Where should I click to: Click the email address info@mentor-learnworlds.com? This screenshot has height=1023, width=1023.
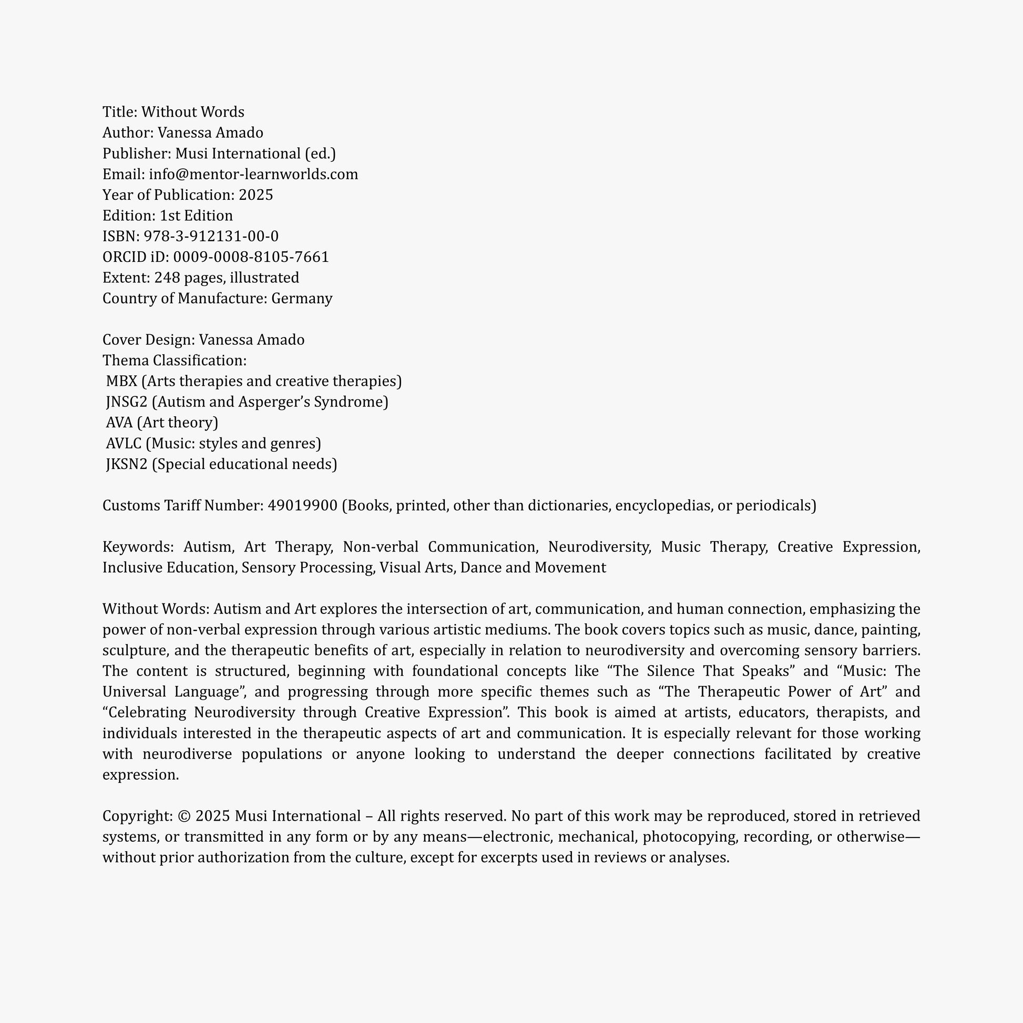pyautogui.click(x=253, y=174)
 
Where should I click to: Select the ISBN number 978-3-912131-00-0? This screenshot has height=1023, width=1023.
pyautogui.click(x=211, y=236)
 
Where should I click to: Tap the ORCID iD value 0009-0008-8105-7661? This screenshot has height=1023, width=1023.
pyautogui.click(x=251, y=257)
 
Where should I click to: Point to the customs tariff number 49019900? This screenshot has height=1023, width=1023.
pyautogui.click(x=302, y=505)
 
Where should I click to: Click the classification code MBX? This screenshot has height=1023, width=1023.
pyautogui.click(x=121, y=381)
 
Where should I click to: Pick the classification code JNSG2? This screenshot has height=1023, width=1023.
pyautogui.click(x=127, y=402)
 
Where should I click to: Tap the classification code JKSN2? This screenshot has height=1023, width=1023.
pyautogui.click(x=127, y=464)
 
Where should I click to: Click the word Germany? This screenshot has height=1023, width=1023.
pyautogui.click(x=302, y=298)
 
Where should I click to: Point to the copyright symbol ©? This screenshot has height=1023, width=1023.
pyautogui.click(x=185, y=816)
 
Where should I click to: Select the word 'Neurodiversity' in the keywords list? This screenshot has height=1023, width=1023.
pyautogui.click(x=599, y=546)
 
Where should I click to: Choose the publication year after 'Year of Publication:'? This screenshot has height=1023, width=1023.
pyautogui.click(x=255, y=195)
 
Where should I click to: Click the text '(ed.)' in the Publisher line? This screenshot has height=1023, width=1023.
pyautogui.click(x=320, y=154)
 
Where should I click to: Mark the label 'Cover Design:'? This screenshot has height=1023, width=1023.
pyautogui.click(x=149, y=340)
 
